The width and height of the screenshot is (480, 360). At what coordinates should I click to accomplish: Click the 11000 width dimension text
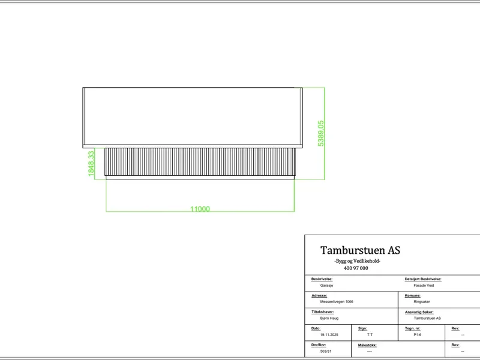point(200,209)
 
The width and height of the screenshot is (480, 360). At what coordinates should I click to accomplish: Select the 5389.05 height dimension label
point(320,133)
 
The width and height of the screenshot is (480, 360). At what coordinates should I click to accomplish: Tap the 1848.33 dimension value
point(91,163)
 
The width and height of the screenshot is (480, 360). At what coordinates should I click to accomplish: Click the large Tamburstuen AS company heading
point(360,250)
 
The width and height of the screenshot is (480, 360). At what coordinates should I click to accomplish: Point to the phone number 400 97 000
point(356,268)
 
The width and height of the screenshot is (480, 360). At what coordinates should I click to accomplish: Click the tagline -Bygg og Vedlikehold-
point(357,261)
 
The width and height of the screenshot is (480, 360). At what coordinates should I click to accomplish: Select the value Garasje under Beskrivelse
point(326,286)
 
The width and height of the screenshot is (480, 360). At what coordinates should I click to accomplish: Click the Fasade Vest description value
point(424,286)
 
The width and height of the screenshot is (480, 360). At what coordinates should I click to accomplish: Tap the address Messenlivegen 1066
point(337,302)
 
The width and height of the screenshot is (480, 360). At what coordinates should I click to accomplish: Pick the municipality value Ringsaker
point(422,302)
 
